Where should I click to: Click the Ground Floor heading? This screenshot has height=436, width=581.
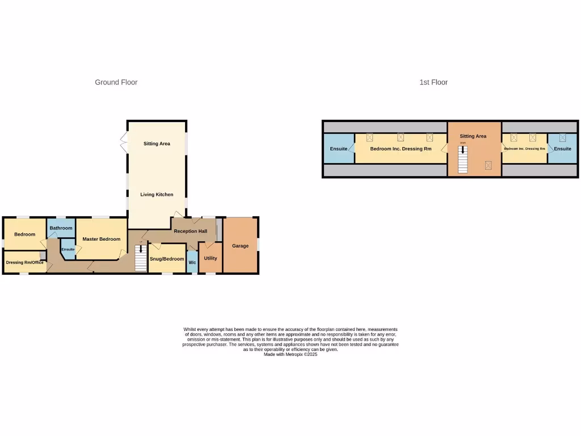point(116,82)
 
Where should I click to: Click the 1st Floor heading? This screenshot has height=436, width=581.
point(433,82)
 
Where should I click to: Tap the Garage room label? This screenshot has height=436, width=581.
point(241,246)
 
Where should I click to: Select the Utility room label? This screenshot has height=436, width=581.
point(210,258)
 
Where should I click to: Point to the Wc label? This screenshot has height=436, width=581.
point(192,262)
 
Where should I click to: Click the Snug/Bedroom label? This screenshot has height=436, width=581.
point(167,259)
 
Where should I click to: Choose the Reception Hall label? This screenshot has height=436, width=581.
point(190,231)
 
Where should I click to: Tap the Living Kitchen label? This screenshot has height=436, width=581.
point(157,195)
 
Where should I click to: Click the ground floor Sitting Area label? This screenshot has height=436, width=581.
point(157,144)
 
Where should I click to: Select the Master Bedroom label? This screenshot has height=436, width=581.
point(102,239)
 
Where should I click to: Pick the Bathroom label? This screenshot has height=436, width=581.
point(61,228)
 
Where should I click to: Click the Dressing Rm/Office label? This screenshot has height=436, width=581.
point(24,262)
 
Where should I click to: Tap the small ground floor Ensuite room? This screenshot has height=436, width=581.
point(68,249)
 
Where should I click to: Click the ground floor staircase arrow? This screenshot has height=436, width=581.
point(141,249)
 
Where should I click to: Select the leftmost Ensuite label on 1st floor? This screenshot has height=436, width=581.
point(339,149)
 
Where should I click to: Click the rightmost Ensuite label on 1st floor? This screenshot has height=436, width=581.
point(563,149)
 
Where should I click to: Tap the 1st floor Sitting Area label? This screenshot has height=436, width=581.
point(473,136)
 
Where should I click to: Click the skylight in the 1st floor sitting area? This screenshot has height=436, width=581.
point(488,165)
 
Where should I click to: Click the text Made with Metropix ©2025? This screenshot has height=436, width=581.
point(290,354)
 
